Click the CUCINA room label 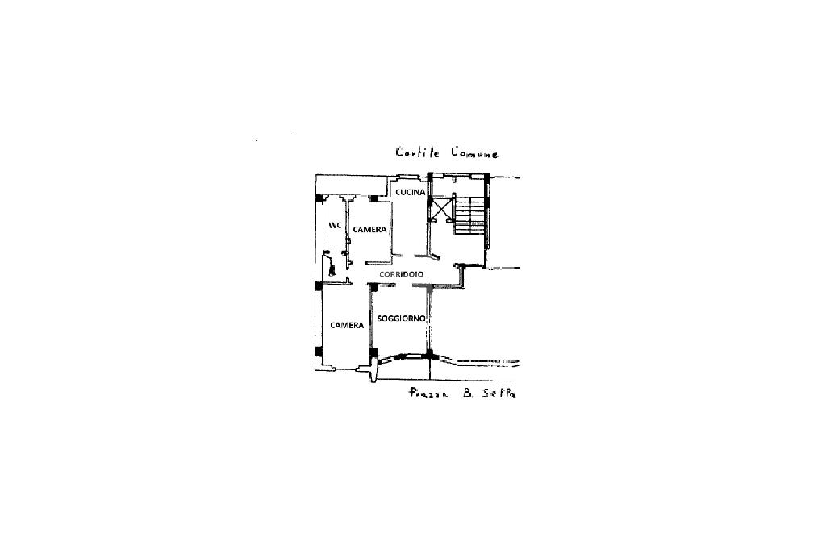click(411, 192)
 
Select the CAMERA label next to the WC click(369, 230)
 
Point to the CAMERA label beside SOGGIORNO click(347, 325)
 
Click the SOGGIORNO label click(402, 319)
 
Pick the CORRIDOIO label click(402, 275)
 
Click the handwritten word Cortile click(416, 152)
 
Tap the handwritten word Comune click(475, 152)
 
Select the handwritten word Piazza click(428, 394)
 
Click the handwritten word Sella click(499, 394)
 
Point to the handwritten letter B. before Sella click(467, 394)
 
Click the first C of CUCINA click(398, 192)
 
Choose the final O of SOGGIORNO click(423, 319)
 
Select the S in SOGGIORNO click(380, 319)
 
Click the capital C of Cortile click(399, 152)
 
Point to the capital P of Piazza click(413, 394)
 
